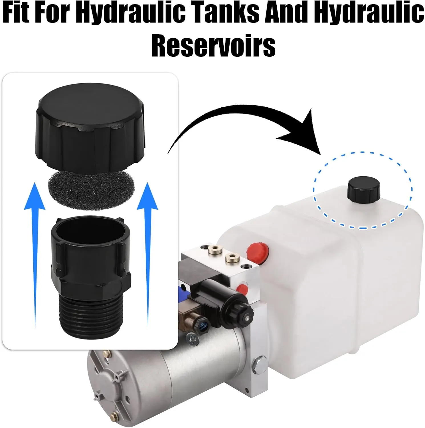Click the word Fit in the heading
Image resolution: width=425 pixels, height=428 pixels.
[16, 13]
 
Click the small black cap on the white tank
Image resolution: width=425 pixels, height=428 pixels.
[364, 190]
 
